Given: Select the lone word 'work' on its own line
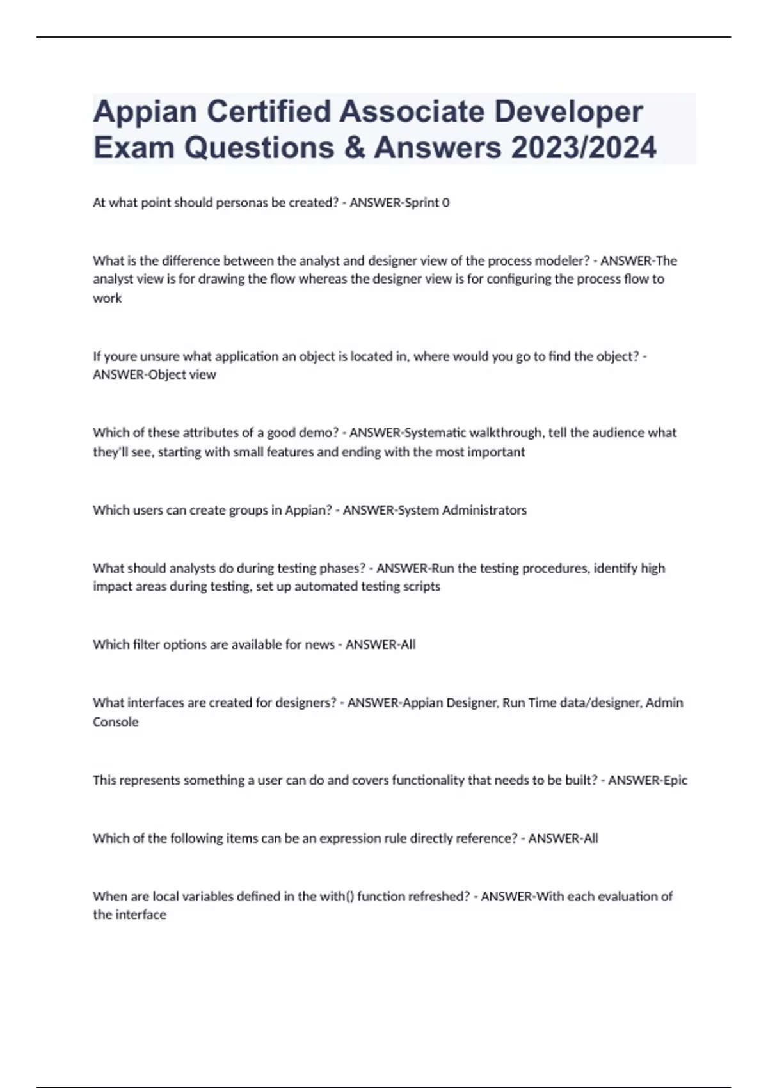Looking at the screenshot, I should click(107, 298).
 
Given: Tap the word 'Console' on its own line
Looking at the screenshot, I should click(115, 722).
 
